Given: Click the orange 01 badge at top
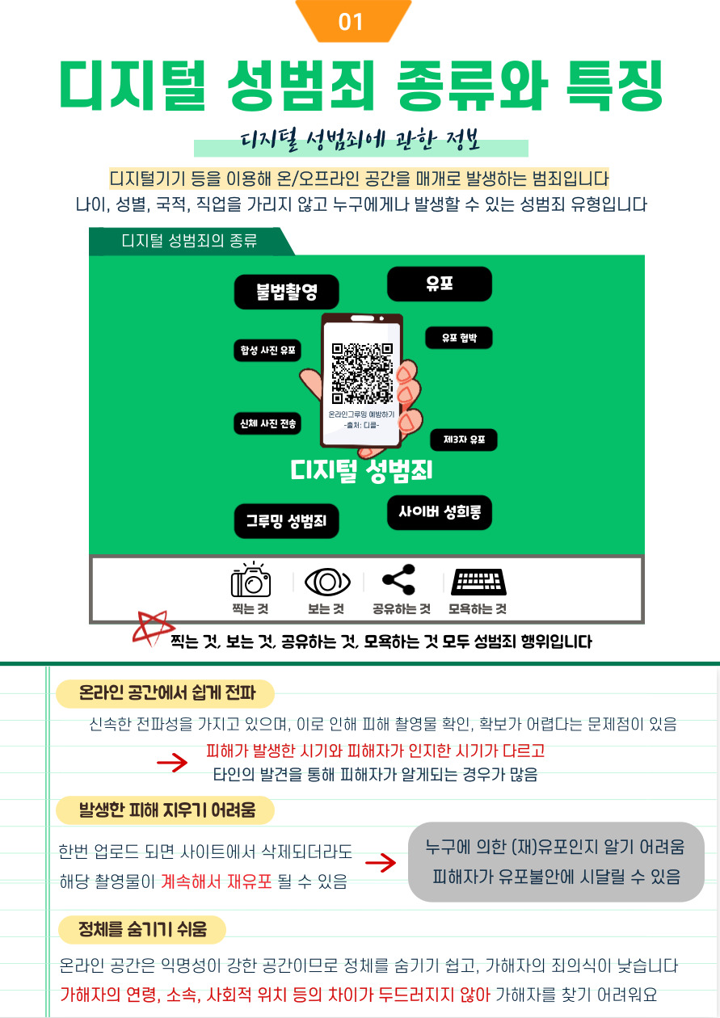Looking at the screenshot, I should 352,21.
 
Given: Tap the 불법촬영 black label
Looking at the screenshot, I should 287,292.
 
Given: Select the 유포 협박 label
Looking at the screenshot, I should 458,338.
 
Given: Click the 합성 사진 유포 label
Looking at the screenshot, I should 267,351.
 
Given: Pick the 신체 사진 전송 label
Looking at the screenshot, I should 267,423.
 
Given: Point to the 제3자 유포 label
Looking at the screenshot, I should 464,440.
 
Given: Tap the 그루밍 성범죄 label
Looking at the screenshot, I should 286,521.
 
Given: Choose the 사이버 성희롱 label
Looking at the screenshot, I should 440,513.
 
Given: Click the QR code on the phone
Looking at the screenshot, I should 363,373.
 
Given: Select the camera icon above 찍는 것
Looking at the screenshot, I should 251,580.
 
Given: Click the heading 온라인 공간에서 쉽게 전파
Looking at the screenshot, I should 166,693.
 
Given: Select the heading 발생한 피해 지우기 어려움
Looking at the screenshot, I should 166,810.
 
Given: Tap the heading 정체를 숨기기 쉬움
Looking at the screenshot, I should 142,930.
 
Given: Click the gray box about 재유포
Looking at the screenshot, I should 556,862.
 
